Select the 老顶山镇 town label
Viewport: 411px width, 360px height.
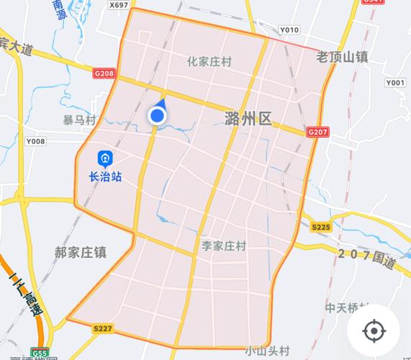coord(343,55)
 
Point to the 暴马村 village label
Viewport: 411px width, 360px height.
coord(79,120)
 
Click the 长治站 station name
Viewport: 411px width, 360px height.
coord(105,176)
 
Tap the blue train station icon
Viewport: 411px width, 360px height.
coord(105,157)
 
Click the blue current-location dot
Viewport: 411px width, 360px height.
coord(156,115)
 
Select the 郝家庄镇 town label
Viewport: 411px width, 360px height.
coord(81,253)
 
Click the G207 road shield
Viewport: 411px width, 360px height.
coord(317,132)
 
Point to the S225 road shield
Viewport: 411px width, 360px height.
coord(320,227)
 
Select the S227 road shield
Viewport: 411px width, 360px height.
coord(103,328)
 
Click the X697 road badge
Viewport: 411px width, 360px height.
coord(119,5)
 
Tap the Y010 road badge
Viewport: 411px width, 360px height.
coord(289,30)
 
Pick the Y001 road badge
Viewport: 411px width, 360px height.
coord(395,83)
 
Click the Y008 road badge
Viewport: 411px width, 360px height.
coord(35,141)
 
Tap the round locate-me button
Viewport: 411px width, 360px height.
coord(373,331)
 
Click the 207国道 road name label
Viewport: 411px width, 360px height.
coord(367,257)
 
